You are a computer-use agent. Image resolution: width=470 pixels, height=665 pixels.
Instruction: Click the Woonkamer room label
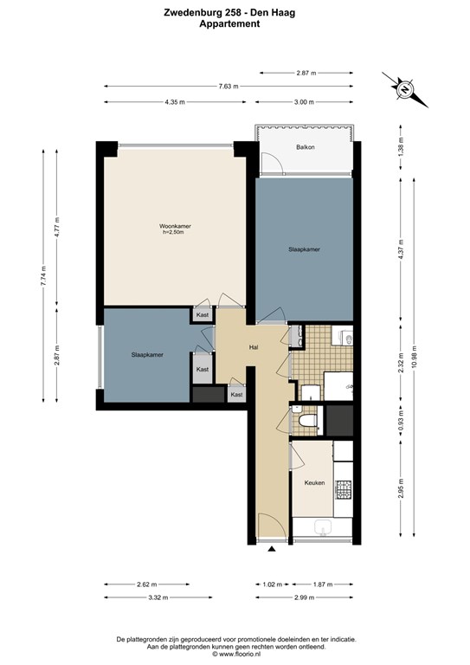click(x=175, y=227)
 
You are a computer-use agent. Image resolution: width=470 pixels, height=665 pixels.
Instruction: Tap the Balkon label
click(x=305, y=147)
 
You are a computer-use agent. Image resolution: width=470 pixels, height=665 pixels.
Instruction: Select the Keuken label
click(x=313, y=483)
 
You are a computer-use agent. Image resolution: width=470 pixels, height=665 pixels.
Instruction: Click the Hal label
click(x=254, y=347)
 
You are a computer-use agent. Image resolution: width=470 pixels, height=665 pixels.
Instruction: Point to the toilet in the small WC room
click(x=305, y=422)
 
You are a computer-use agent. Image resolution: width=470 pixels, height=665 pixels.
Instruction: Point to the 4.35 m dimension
click(x=174, y=103)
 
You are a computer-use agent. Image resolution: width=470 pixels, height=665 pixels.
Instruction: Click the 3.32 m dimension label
click(x=157, y=597)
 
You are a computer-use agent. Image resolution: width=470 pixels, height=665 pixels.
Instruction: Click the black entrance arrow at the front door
click(x=272, y=548)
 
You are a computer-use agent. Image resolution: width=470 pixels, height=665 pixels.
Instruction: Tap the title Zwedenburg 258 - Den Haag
click(x=235, y=11)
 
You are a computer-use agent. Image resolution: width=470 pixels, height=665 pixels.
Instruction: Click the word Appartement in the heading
click(x=235, y=24)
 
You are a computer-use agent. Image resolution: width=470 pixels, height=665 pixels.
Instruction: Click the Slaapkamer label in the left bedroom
click(x=148, y=355)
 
